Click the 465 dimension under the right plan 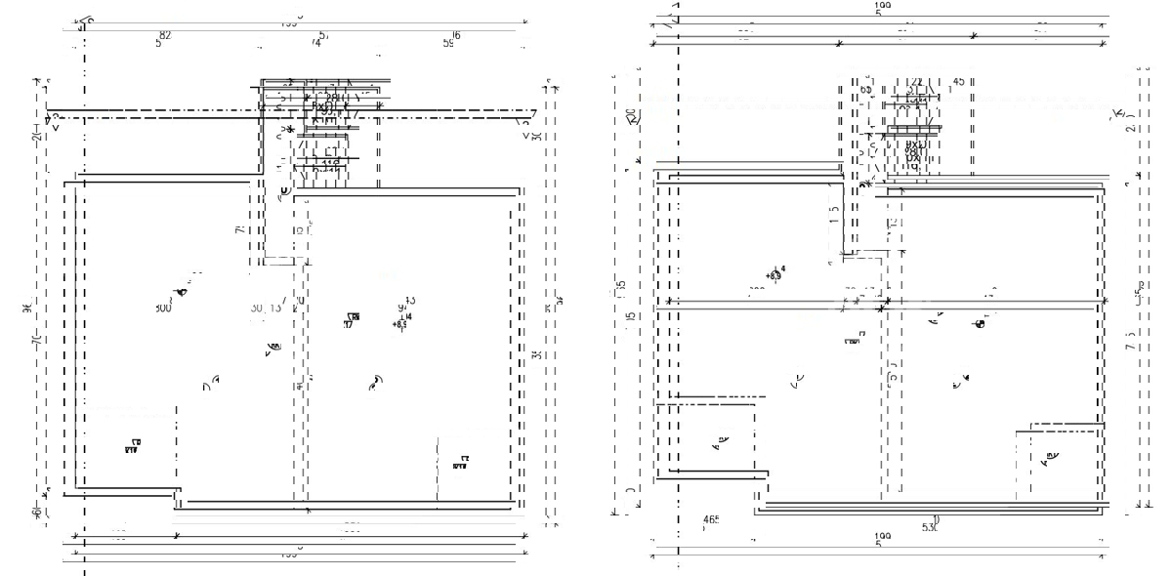[711, 519]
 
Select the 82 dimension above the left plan [163, 36]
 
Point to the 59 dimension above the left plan [448, 42]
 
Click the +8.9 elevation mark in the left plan [400, 323]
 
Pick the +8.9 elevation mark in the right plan [774, 275]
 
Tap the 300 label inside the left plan [162, 308]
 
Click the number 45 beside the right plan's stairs [958, 82]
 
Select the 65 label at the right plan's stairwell [865, 89]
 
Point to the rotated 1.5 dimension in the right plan [834, 214]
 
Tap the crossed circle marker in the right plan [980, 324]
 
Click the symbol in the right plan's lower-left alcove [720, 444]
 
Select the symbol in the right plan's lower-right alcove [1051, 455]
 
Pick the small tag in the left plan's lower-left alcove [132, 446]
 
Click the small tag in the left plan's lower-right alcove [461, 462]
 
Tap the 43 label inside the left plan [408, 301]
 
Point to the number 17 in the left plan [349, 324]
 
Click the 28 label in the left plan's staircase [332, 98]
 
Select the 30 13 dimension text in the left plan [265, 308]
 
